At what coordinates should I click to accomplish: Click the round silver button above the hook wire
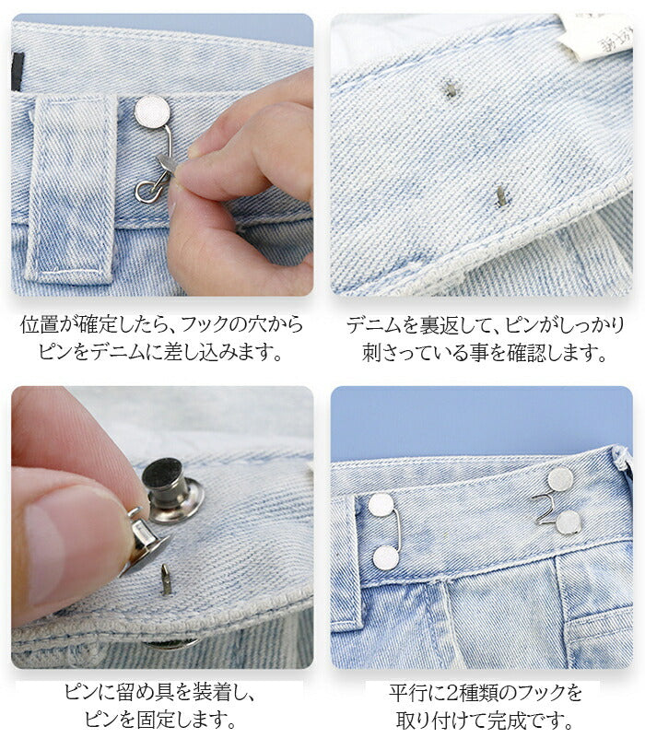pos(152,111)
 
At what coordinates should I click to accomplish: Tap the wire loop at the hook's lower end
pos(145,191)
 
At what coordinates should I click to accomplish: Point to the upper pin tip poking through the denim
pos(451,89)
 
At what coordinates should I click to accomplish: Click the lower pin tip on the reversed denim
pos(501,196)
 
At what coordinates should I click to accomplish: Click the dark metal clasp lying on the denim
pos(173,490)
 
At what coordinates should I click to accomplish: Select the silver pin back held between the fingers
pos(143,544)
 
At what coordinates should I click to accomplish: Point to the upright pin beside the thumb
pos(166,580)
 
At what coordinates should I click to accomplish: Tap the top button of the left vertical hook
pos(381,505)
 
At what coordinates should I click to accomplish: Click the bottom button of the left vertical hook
pos(386,557)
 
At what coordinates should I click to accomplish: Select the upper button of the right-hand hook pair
pos(560,479)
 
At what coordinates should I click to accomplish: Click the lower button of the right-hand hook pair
pos(568,522)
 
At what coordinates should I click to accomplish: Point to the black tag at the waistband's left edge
pos(18,72)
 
